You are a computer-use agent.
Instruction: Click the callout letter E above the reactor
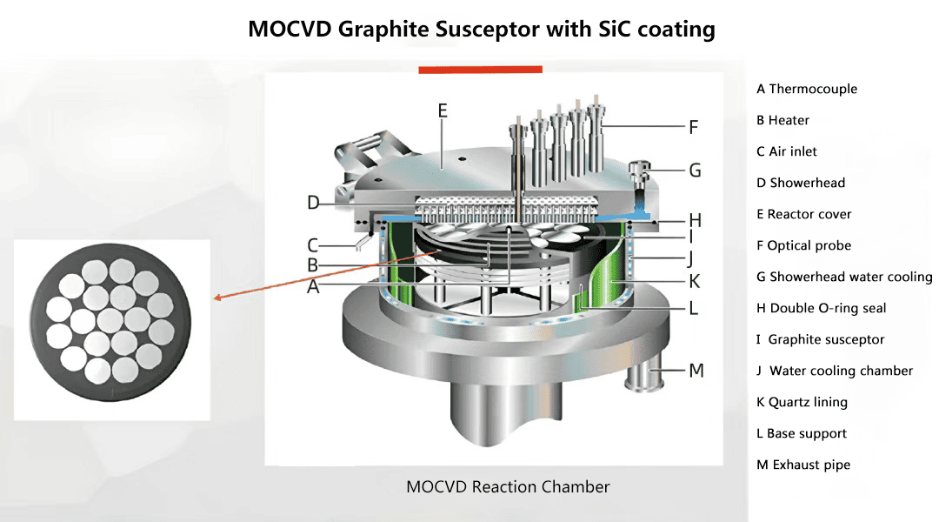pos(443,110)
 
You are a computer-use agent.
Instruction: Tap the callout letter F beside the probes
pos(693,127)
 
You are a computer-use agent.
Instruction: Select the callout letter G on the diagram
pos(695,171)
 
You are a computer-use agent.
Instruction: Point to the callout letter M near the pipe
pos(696,371)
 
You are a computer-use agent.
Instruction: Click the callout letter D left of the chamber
pos(313,204)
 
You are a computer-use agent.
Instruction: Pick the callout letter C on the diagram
pos(313,245)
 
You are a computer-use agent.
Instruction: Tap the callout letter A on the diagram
pos(313,286)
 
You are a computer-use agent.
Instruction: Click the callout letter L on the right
pos(693,308)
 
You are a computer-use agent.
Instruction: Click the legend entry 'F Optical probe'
pos(803,245)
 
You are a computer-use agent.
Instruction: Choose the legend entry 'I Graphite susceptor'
pos(820,339)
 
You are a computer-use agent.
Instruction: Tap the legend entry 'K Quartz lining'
pos(802,402)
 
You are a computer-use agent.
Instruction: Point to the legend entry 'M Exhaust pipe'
pos(803,465)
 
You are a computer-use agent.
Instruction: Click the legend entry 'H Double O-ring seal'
pos(821,308)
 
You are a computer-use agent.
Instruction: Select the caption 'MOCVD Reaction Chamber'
pos(508,486)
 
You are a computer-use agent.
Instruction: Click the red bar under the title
pos(480,69)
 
